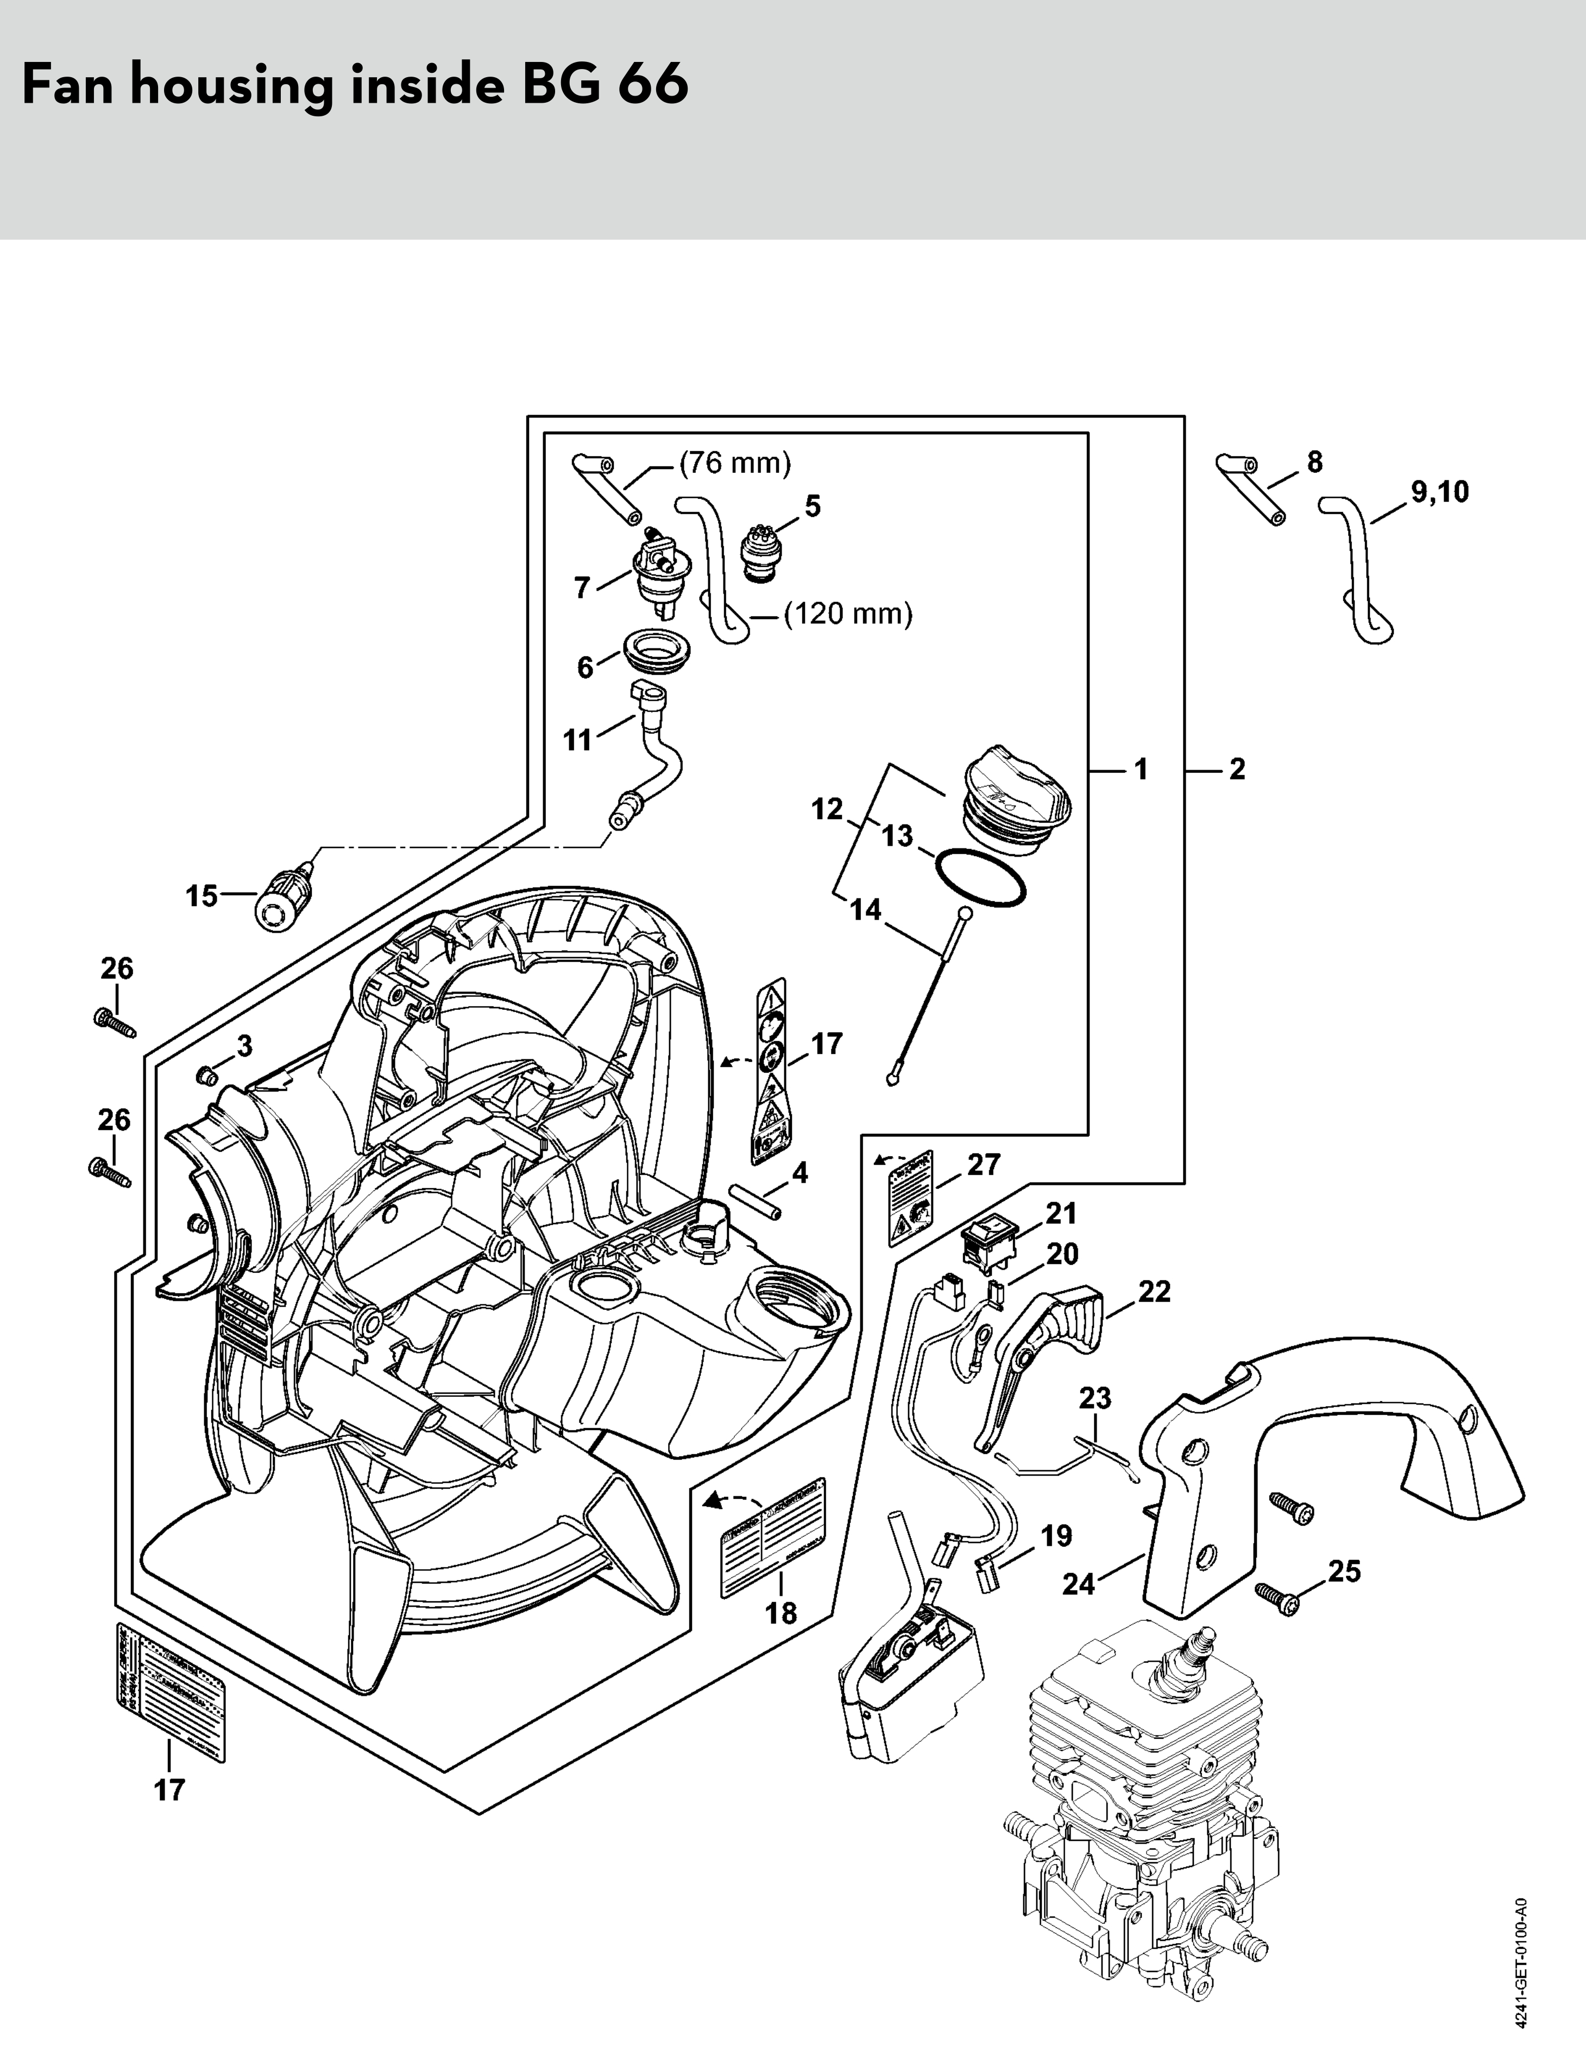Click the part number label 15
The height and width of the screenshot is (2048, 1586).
[x=200, y=896]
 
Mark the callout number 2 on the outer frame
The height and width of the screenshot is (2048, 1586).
[x=1237, y=770]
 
